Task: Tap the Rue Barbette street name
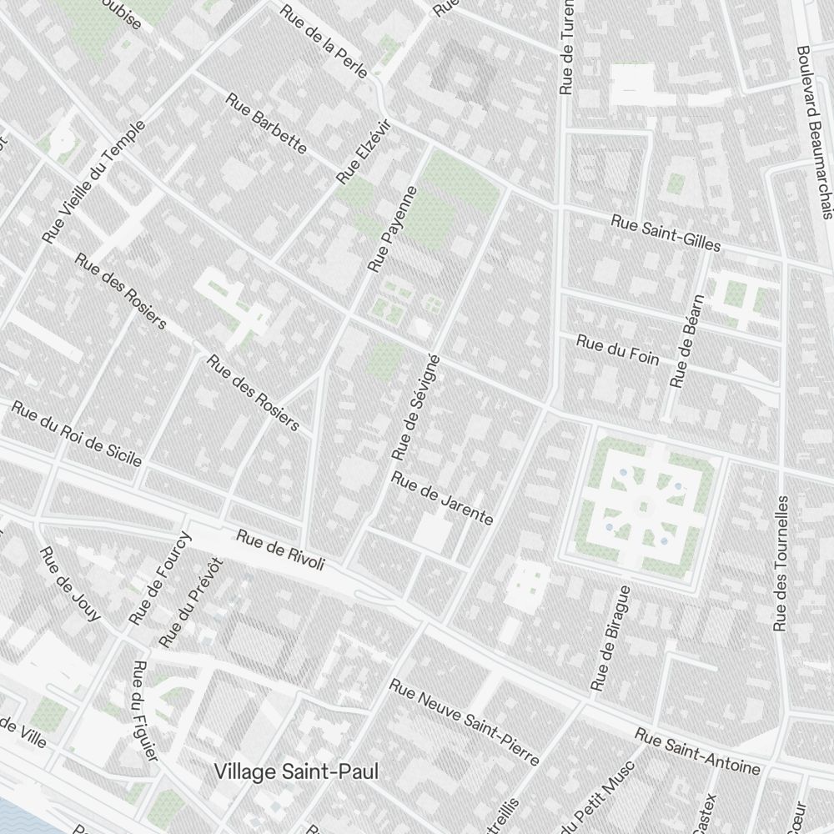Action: [266, 123]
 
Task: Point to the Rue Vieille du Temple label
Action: [95, 182]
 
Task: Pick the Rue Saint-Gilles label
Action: [665, 234]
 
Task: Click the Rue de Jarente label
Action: [442, 499]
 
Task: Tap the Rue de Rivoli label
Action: [279, 550]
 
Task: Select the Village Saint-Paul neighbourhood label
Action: [296, 772]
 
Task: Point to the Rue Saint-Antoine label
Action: [697, 751]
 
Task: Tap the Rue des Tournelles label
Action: [781, 564]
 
